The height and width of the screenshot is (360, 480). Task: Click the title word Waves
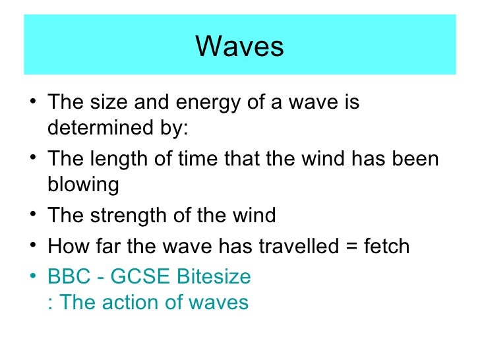[240, 46]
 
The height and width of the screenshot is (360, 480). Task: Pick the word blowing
[83, 185]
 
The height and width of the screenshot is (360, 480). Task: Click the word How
[67, 247]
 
